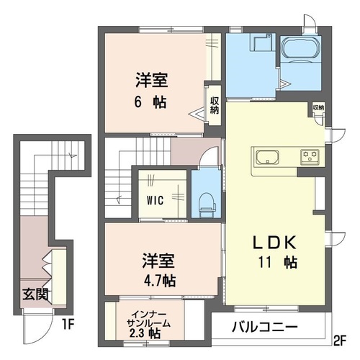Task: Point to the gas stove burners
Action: tap(311, 156)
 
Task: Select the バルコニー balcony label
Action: tap(265, 327)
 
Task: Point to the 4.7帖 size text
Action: tap(158, 279)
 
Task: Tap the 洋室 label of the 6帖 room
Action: tap(150, 79)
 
